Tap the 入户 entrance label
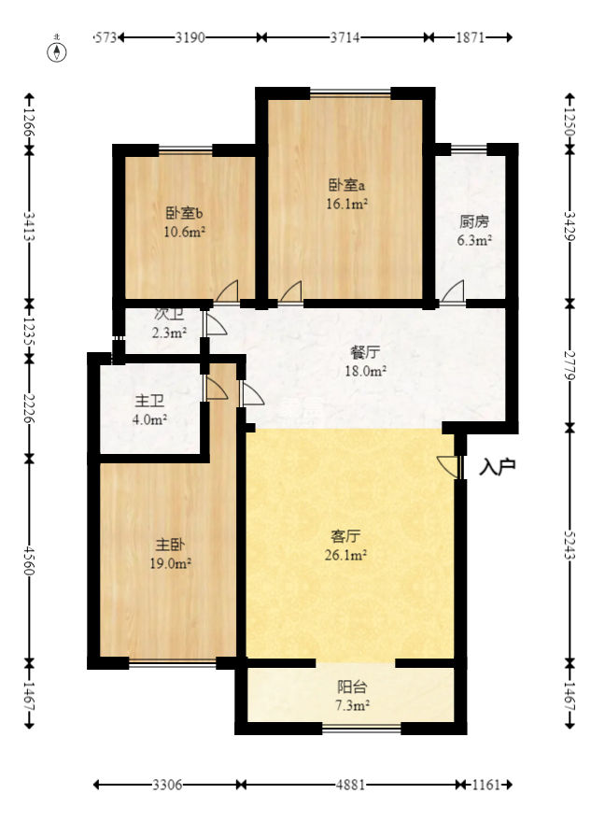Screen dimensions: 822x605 [498, 466]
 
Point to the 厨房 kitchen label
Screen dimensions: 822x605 [474, 222]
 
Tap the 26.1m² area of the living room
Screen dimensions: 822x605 [346, 554]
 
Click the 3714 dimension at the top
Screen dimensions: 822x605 [345, 37]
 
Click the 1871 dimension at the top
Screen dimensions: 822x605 [470, 37]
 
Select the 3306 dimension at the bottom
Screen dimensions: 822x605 [168, 785]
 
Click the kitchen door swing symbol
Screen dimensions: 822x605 [455, 291]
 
